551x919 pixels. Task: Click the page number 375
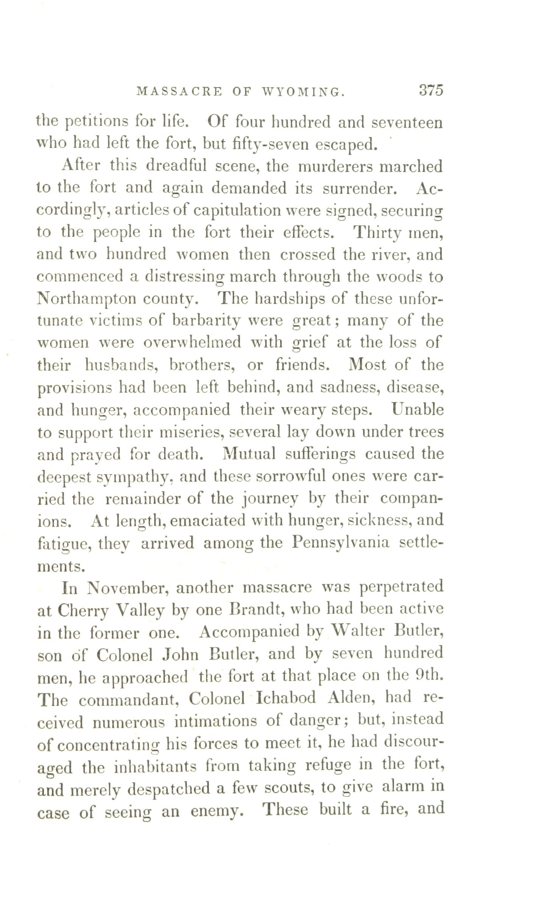[430, 91]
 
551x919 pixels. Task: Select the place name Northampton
[86, 299]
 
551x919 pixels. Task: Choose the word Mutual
[249, 454]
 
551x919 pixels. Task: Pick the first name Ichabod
[286, 697]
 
